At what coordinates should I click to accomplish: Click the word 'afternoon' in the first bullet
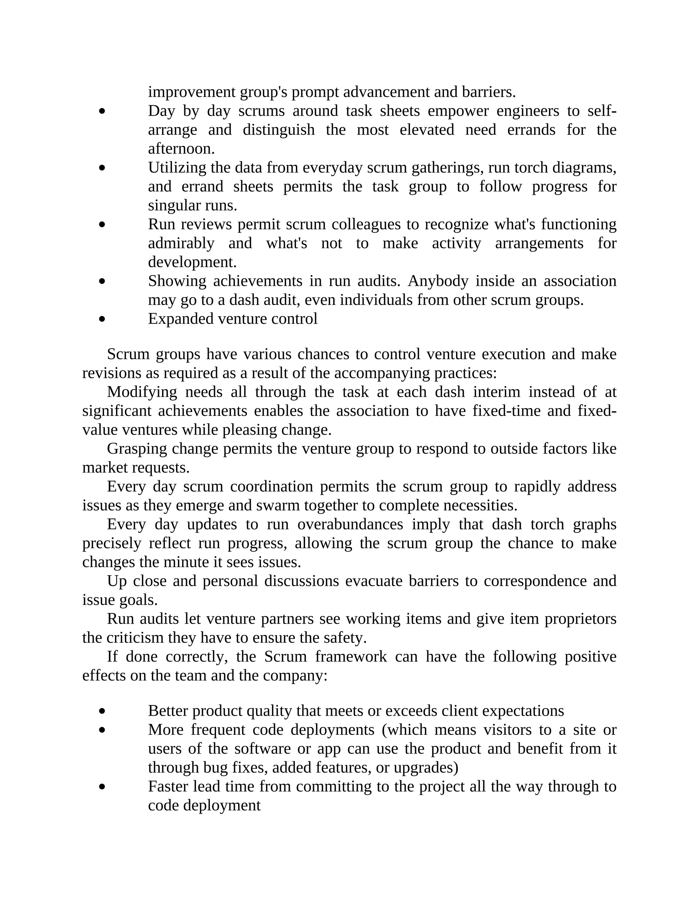[x=181, y=149]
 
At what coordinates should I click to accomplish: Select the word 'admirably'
[x=181, y=243]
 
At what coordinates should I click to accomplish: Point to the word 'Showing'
[x=177, y=281]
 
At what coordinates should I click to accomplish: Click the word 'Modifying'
[x=142, y=392]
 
